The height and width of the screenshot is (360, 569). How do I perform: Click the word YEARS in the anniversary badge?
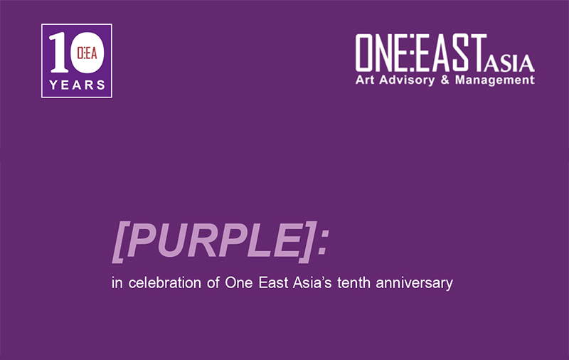[x=77, y=85]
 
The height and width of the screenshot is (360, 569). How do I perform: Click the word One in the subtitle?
[x=235, y=283]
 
